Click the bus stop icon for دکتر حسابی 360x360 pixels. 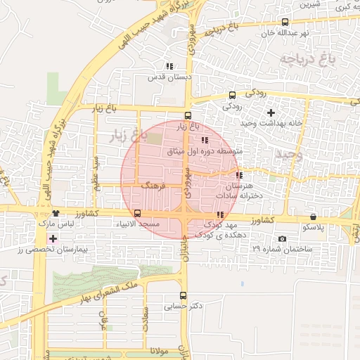point(184,295)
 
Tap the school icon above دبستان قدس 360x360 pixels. point(169,66)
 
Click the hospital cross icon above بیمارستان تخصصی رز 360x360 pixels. point(53,239)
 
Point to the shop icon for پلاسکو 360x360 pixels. point(313,217)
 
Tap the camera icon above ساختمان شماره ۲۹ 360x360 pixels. point(283,239)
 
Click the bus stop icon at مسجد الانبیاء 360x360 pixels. point(137,213)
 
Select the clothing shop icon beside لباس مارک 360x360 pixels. point(56,213)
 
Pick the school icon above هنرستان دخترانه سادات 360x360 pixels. point(240,175)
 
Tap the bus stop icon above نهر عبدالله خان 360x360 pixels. point(284,22)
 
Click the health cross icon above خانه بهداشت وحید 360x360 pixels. point(271,112)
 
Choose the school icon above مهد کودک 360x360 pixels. point(220,214)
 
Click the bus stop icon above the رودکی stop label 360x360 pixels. point(233,96)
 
